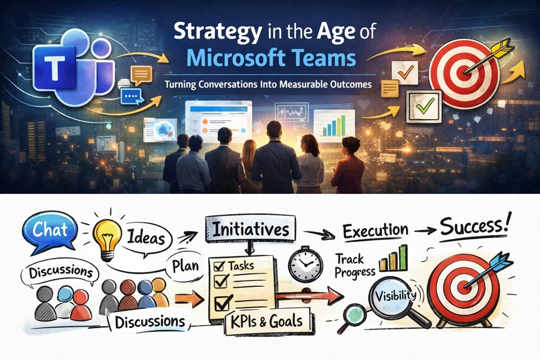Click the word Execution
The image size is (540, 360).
tap(376, 230)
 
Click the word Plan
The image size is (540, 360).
tap(185, 264)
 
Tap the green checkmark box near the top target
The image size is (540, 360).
tap(423, 105)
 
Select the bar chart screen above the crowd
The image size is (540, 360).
tap(333, 123)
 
